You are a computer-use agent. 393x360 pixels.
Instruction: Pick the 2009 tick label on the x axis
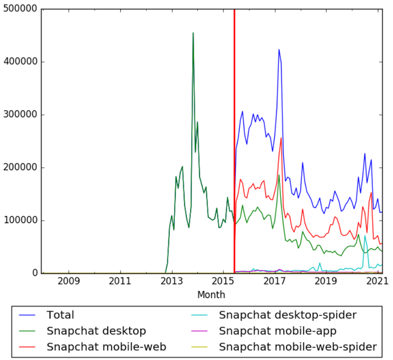[68, 281]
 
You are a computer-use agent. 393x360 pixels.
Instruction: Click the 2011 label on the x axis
[120, 281]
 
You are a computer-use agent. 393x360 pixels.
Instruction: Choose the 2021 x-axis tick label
[378, 281]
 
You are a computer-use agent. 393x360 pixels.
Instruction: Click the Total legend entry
[60, 315]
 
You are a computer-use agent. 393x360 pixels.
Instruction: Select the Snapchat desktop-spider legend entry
[287, 315]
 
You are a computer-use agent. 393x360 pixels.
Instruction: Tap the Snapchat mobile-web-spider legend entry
[298, 347]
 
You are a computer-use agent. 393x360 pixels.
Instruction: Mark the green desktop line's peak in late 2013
[193, 33]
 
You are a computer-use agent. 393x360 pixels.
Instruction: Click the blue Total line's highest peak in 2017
[279, 49]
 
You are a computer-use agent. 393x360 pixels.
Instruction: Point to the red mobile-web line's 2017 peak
[281, 138]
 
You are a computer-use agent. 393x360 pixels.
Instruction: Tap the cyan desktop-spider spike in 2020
[365, 236]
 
